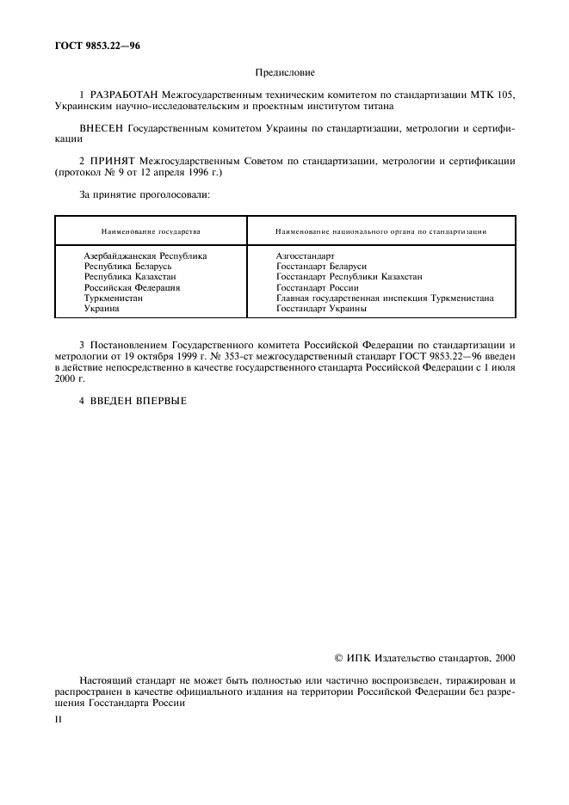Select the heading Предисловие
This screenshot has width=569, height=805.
[x=284, y=74]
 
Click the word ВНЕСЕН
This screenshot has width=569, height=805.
[x=101, y=127]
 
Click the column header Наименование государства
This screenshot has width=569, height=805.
[x=151, y=231]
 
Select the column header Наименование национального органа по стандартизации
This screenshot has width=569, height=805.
[x=381, y=231]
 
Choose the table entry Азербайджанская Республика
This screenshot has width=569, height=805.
[x=145, y=256]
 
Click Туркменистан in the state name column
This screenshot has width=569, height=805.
[x=114, y=298]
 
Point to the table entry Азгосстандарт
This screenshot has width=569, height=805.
[x=305, y=256]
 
